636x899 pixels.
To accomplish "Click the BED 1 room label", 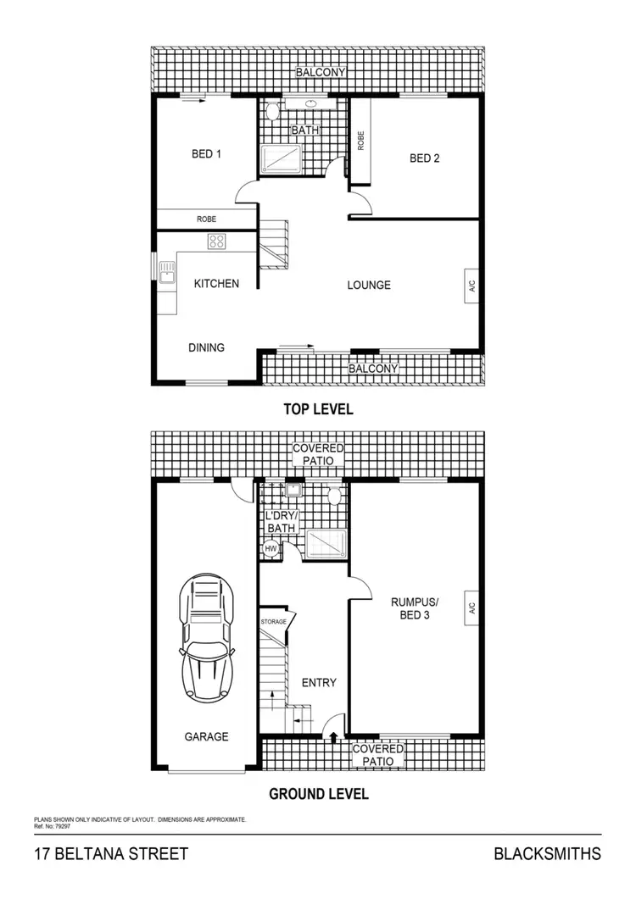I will [x=206, y=154].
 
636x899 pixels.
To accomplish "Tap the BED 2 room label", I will [x=424, y=158].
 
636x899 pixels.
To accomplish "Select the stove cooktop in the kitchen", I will [x=217, y=241].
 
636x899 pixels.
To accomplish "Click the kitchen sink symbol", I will [x=166, y=272].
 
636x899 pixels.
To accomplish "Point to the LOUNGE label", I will [x=369, y=286].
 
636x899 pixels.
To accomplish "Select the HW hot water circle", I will [x=271, y=549].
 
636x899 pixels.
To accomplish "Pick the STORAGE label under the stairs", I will [x=274, y=622].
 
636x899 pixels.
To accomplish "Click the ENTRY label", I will [x=319, y=683].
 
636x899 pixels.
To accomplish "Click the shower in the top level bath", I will [x=281, y=158].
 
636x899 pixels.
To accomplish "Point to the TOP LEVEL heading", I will [x=318, y=409].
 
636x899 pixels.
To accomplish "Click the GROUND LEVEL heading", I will [x=318, y=795].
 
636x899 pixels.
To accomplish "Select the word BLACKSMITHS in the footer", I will [x=547, y=854].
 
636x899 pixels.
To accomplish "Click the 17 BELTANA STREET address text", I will [x=110, y=854].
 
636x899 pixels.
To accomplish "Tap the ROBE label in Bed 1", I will [x=206, y=219].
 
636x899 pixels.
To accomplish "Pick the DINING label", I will [x=206, y=347].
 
